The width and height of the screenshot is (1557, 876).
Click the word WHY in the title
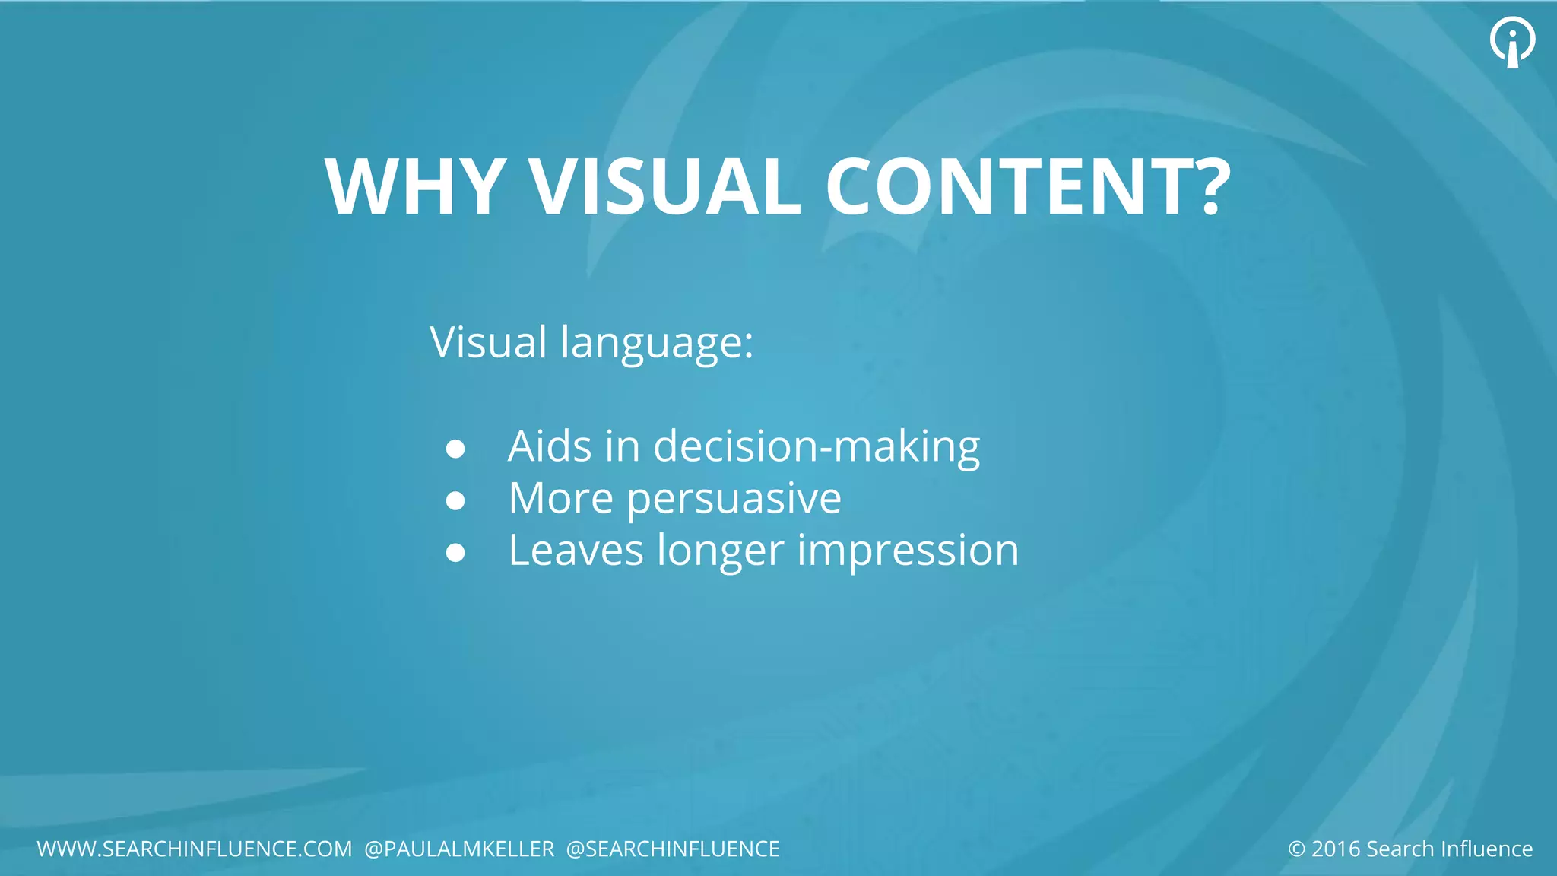(x=415, y=187)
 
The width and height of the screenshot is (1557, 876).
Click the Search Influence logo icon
(x=1512, y=42)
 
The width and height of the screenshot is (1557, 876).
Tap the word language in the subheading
(x=657, y=343)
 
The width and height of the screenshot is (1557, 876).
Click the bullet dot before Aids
(x=455, y=449)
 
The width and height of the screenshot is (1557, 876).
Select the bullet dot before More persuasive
(x=455, y=501)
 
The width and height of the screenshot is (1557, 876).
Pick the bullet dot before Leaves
(x=455, y=553)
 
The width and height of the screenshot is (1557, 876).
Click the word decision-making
(x=817, y=446)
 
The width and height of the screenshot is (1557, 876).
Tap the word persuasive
(x=734, y=500)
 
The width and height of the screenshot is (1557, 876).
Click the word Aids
(x=550, y=446)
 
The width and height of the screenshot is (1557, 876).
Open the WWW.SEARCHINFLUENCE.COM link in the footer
(x=195, y=849)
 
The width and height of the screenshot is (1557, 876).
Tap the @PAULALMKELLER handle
(x=459, y=849)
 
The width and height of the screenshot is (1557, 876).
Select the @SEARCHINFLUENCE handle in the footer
(x=673, y=849)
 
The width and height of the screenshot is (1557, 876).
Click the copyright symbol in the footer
(x=1296, y=849)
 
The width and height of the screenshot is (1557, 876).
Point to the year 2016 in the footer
(x=1336, y=849)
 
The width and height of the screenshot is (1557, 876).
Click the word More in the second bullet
(x=560, y=499)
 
